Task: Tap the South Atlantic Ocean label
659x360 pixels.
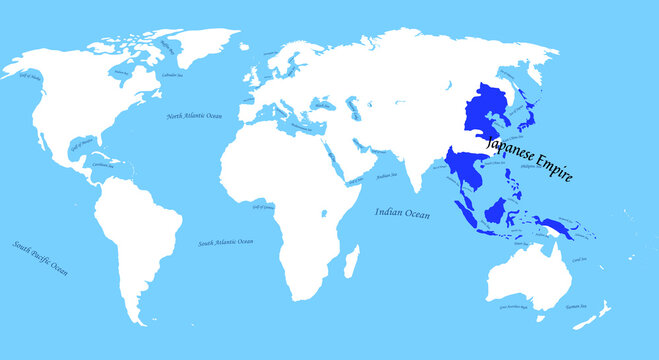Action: (225, 243)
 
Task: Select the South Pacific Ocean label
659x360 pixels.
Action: (41, 257)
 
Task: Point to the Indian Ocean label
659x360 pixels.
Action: (402, 212)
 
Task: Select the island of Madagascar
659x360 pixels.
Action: (351, 265)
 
